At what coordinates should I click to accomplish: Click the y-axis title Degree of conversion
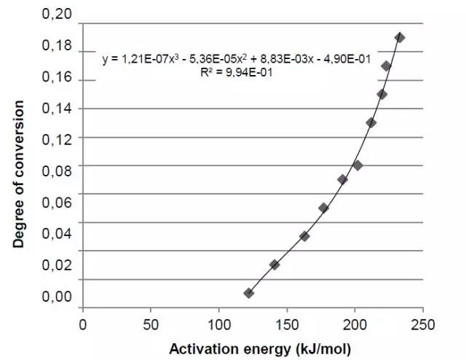click(x=19, y=173)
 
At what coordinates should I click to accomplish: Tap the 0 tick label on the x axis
click(x=82, y=324)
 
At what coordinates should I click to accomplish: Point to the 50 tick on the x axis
click(x=151, y=324)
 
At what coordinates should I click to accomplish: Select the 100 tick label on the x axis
click(x=218, y=324)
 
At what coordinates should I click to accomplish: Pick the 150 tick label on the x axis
click(x=287, y=324)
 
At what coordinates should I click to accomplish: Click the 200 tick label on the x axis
click(x=355, y=324)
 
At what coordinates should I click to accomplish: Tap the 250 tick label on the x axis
click(x=423, y=324)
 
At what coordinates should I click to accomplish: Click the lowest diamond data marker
click(x=249, y=293)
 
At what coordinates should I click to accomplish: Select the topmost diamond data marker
click(x=399, y=37)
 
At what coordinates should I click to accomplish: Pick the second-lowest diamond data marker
click(x=275, y=265)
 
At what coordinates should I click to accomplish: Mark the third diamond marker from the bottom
click(x=304, y=236)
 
